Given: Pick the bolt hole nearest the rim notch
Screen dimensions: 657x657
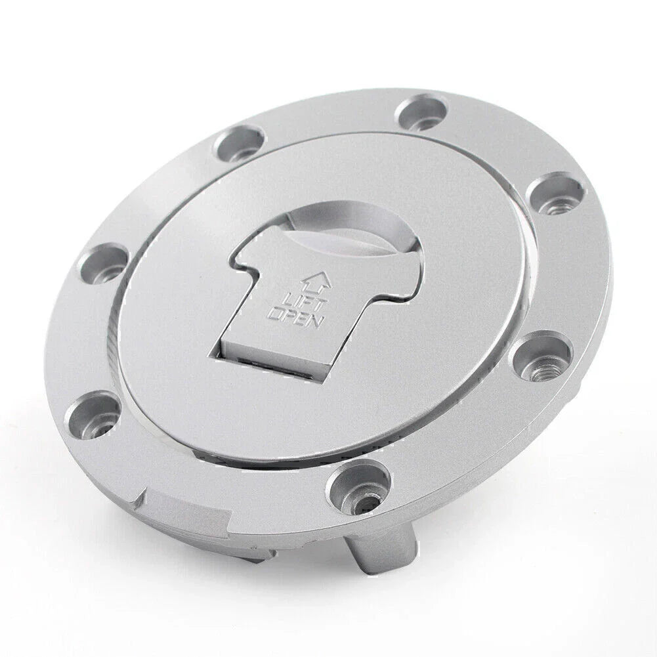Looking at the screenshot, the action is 92,412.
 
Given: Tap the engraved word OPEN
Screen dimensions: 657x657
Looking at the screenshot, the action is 295,315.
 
